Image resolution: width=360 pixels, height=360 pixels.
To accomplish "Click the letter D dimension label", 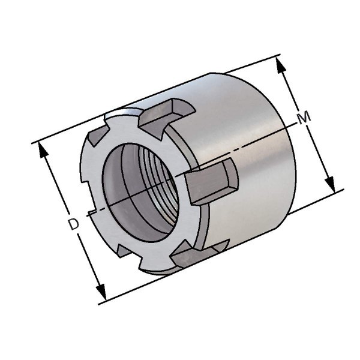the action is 74,224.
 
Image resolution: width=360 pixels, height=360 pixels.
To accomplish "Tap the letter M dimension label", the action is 304,118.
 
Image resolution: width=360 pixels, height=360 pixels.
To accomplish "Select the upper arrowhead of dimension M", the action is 281,65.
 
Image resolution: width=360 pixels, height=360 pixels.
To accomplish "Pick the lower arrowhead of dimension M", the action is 329,184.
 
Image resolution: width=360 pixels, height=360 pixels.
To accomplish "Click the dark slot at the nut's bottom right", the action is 200,252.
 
